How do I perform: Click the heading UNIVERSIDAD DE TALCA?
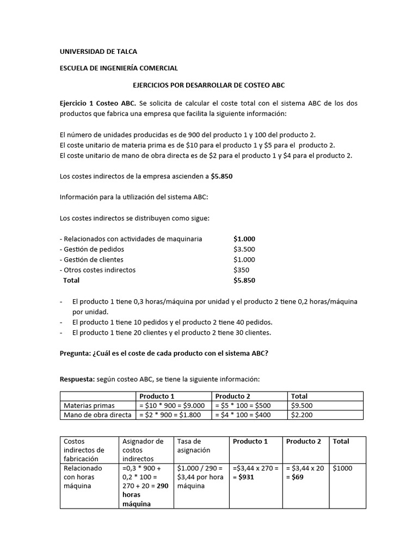tap(98, 52)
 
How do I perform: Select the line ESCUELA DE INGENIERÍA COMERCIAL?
tap(118, 69)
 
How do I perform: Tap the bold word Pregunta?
tap(76, 353)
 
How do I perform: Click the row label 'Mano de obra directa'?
tap(97, 415)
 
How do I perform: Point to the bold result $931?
tap(246, 477)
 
